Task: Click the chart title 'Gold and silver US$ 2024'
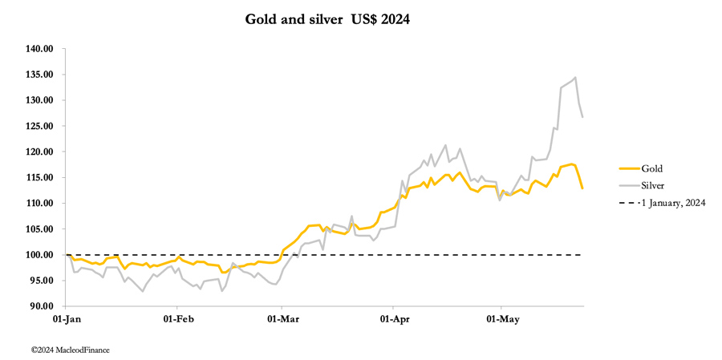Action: point(327,19)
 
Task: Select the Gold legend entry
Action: point(651,168)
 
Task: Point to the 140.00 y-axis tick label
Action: point(39,49)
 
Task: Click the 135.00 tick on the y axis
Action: point(39,75)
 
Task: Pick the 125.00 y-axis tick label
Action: point(39,126)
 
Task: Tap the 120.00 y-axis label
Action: point(39,152)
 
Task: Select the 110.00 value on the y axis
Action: point(39,203)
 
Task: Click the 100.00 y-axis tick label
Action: point(39,255)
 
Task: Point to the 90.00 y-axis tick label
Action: point(40,306)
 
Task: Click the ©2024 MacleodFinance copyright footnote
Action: point(70,350)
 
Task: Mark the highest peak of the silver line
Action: point(575,78)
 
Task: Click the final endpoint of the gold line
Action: point(582,188)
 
